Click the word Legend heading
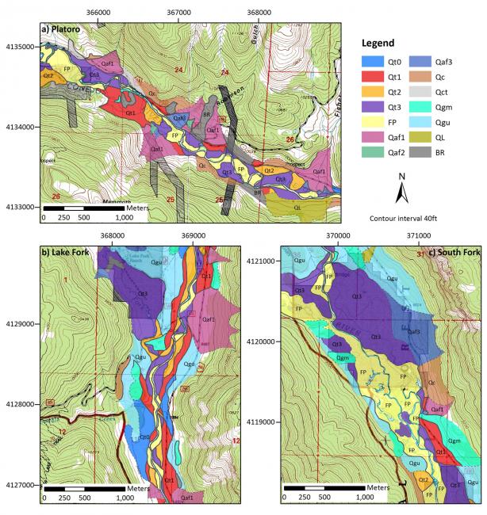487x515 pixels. pyautogui.click(x=384, y=41)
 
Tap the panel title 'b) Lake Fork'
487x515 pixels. pyautogui.click(x=69, y=252)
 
